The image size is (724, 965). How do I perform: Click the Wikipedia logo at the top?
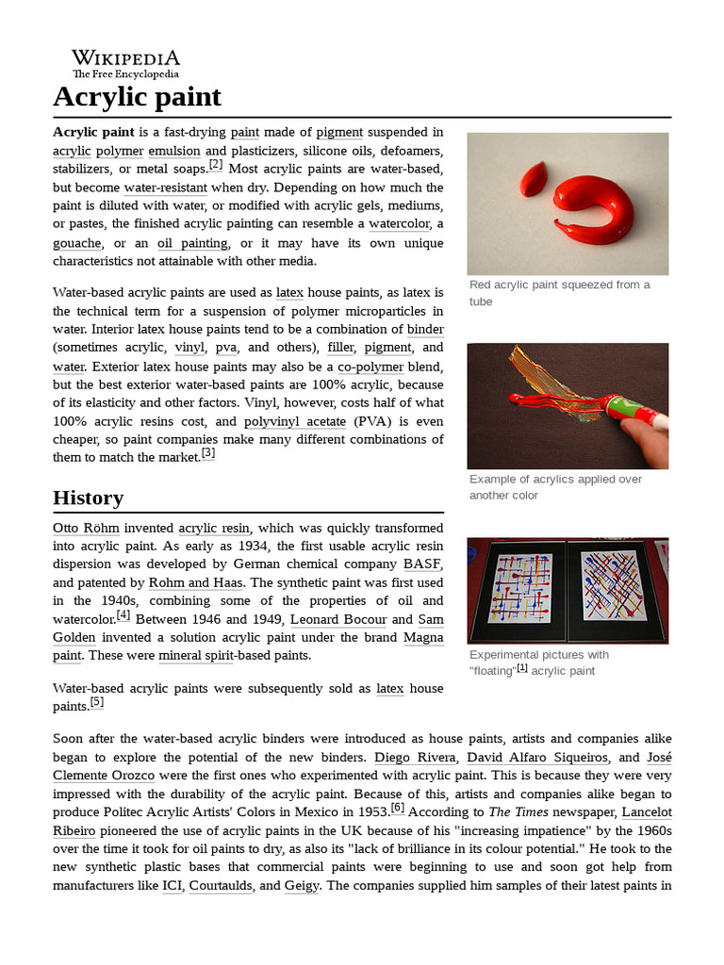[125, 63]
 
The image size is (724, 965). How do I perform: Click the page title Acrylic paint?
[137, 96]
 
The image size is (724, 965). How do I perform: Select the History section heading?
[88, 498]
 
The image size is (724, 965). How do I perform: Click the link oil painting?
[192, 242]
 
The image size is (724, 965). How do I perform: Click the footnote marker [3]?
[208, 453]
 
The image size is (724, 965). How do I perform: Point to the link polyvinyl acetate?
[294, 421]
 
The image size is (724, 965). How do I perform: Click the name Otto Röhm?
[86, 528]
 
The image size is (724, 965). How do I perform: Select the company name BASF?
[422, 564]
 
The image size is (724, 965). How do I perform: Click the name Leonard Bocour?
[338, 619]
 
